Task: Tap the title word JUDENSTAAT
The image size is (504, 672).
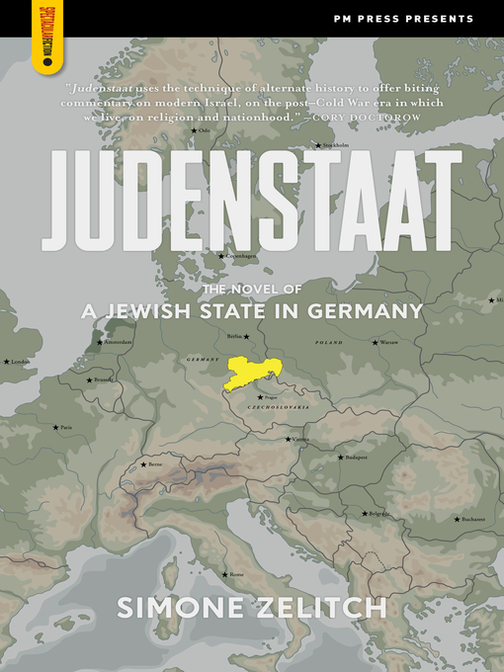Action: point(253,201)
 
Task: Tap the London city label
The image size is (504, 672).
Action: point(20,362)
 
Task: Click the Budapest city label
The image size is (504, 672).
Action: point(356,458)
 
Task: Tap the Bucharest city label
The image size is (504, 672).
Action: point(471,518)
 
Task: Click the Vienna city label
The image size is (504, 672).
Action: point(299,439)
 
